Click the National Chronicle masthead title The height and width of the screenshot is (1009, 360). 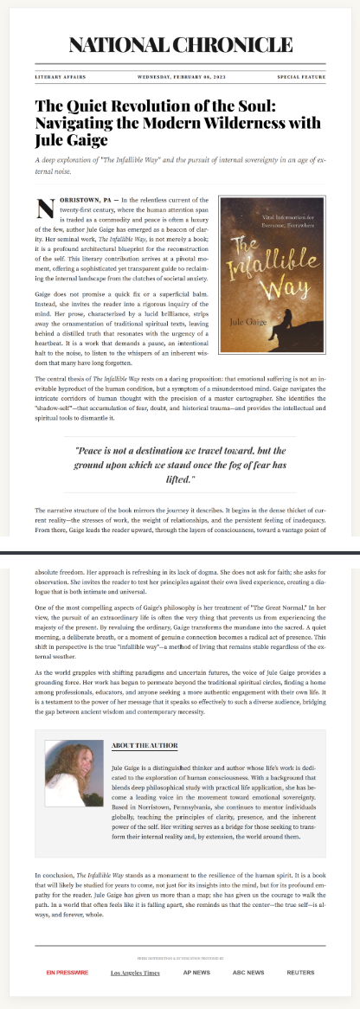(x=180, y=46)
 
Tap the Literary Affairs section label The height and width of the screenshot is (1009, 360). (x=60, y=77)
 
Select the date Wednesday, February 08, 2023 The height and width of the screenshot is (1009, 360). (x=180, y=77)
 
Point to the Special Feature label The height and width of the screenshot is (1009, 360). (x=301, y=77)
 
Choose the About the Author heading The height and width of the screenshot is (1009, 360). (x=145, y=745)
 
